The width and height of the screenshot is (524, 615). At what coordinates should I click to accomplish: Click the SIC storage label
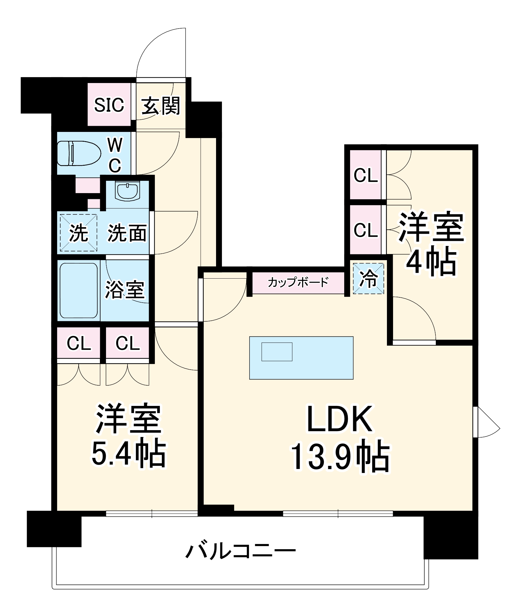109,105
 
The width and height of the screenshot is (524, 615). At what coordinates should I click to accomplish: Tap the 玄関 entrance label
160,106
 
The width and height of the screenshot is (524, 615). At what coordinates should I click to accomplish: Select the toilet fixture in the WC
79,153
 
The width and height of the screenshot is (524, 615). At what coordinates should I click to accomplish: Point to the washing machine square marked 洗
79,233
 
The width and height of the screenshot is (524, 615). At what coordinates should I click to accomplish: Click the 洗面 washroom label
127,233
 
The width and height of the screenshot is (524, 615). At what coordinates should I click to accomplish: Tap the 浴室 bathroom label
124,290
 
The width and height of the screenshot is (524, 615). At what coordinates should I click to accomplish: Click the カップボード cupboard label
298,282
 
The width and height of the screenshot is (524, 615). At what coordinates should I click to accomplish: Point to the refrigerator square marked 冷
368,279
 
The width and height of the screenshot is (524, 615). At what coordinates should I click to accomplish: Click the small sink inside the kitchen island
277,352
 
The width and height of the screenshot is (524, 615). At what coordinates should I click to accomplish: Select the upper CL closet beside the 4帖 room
365,175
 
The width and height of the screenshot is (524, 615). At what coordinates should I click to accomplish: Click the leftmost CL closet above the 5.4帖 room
79,343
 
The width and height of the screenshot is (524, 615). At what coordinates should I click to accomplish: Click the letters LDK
340,419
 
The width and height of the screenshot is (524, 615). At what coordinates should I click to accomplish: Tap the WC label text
115,155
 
